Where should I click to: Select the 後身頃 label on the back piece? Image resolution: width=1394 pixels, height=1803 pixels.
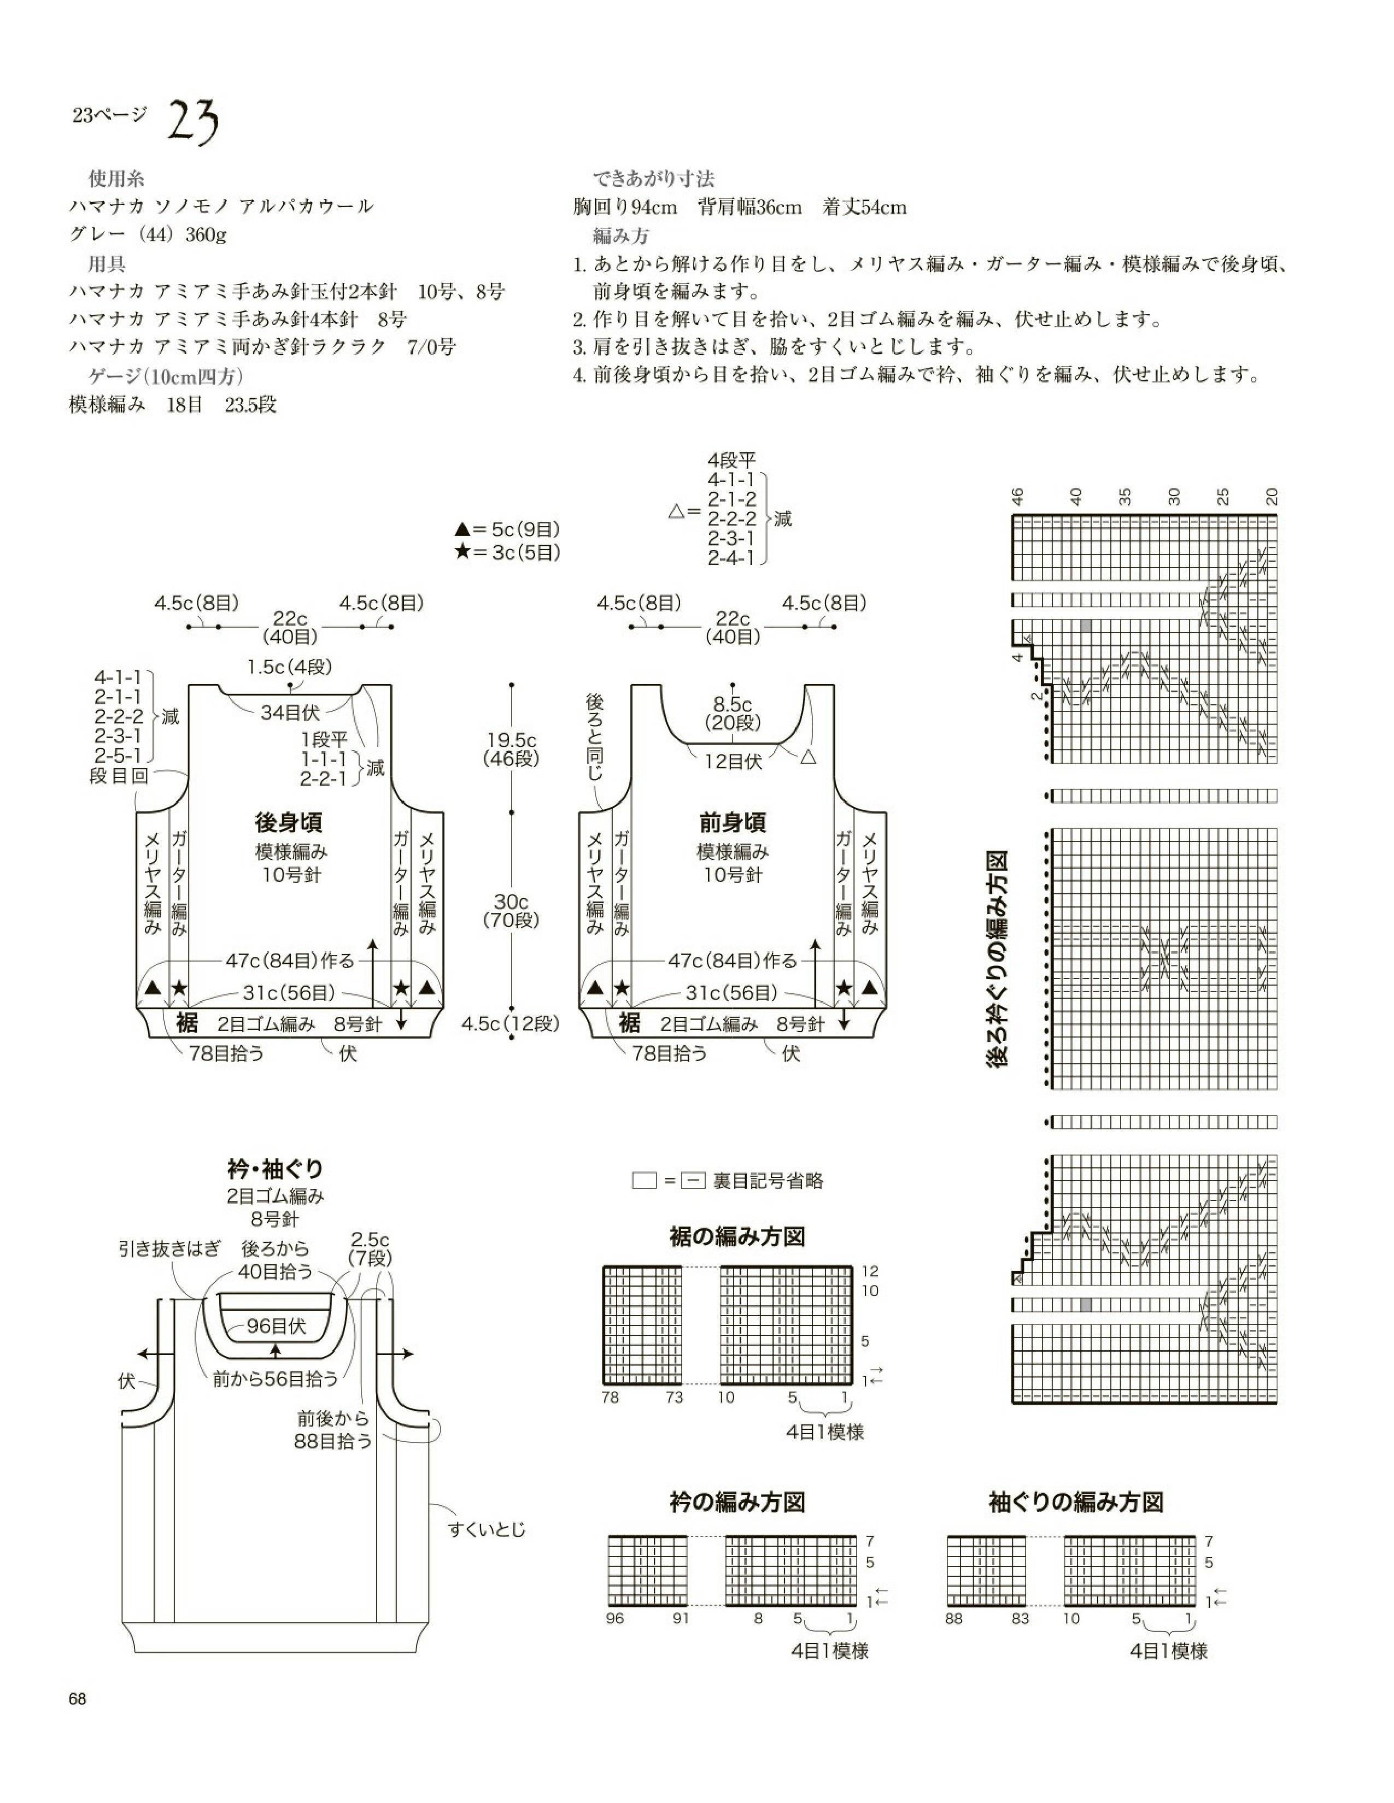tap(288, 822)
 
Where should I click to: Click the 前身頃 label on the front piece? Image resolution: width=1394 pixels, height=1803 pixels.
tap(733, 822)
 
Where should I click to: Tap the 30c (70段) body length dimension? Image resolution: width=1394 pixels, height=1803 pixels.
tap(511, 911)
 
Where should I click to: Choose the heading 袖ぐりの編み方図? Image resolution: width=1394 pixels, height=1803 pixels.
tap(1076, 1501)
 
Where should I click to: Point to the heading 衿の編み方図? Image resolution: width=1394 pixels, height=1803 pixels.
tap(737, 1501)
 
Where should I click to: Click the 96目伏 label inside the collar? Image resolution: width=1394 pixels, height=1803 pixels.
tap(276, 1326)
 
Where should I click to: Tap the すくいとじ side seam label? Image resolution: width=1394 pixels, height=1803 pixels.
tap(487, 1529)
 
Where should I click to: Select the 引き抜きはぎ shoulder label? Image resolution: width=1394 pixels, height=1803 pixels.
tap(169, 1248)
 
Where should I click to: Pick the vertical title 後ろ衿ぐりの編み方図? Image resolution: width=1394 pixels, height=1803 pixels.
tap(998, 960)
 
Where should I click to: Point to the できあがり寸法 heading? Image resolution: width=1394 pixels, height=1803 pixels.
tap(653, 178)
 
